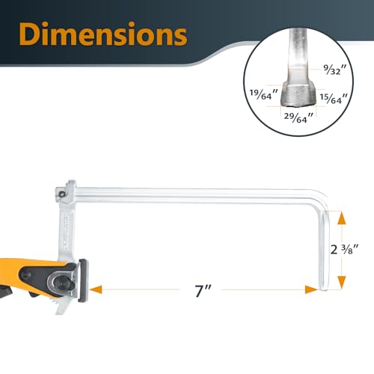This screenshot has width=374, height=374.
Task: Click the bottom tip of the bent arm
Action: [x=325, y=287]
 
